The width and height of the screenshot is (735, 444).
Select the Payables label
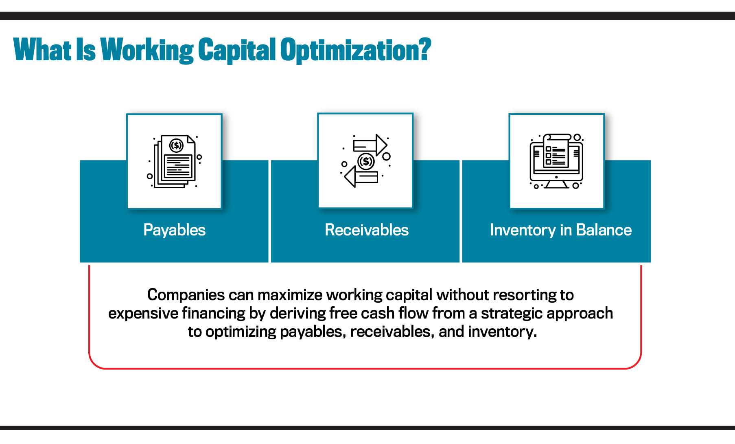[175, 230]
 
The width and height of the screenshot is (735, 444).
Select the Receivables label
[366, 230]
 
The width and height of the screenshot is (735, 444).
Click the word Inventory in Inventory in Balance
[523, 230]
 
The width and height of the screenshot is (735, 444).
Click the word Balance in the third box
[604, 230]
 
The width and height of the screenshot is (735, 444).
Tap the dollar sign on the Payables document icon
[176, 145]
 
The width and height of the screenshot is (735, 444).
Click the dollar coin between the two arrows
[366, 161]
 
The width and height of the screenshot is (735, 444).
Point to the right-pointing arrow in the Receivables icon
[370, 145]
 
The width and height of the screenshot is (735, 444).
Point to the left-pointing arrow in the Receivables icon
[361, 178]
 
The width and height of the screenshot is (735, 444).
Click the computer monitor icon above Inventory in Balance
[556, 161]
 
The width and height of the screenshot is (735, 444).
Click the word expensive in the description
[143, 313]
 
